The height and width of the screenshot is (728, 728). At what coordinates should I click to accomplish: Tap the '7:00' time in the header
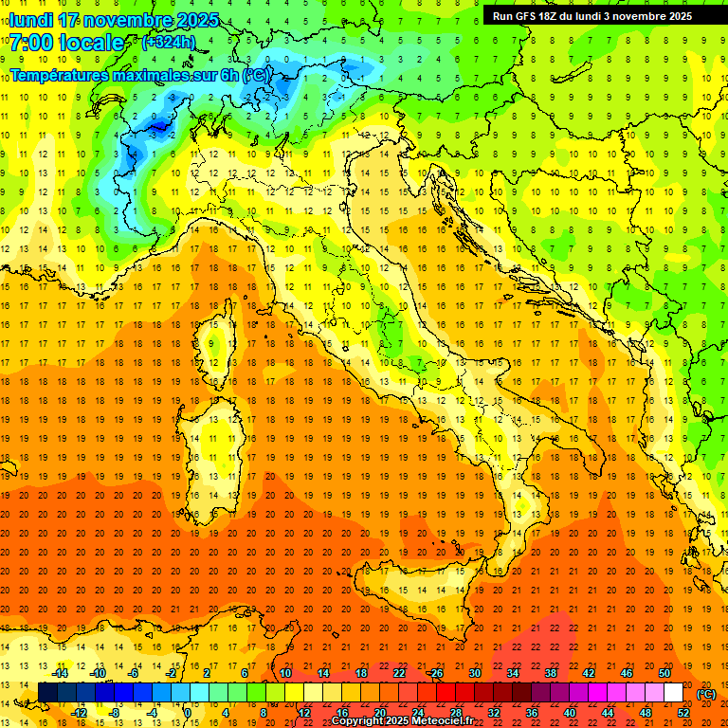pos(31,43)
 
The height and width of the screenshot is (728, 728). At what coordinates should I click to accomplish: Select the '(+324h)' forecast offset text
pos(169,43)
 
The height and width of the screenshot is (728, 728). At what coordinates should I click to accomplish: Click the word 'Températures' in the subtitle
pos(56,75)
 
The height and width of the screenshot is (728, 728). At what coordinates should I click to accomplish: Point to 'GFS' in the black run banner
pos(534,16)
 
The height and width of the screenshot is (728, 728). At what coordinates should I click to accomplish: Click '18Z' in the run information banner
pos(560,16)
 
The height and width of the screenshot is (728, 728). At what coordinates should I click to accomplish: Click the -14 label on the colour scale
pos(60,673)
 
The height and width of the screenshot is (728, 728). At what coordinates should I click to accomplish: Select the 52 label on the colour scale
pos(683,713)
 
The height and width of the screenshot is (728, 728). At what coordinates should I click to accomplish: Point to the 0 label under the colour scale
pos(187,713)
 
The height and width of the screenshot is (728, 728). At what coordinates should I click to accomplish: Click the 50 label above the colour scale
pos(664,673)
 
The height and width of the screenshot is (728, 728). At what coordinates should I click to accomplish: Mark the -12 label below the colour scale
pos(79,713)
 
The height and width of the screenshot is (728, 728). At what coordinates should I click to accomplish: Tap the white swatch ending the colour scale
pos(673,693)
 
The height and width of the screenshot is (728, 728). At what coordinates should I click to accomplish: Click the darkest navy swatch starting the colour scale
pos(47,693)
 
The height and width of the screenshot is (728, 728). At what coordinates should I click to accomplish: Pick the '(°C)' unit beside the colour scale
pos(706,694)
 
